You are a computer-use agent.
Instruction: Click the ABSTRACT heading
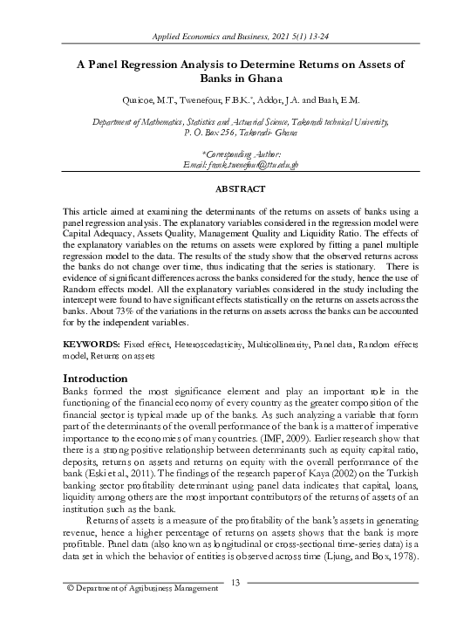click(225, 188)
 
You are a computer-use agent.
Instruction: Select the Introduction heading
click(101, 378)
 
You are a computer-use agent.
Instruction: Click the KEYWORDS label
click(92, 346)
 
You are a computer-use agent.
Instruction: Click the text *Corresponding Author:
click(225, 154)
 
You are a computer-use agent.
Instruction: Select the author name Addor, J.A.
click(255, 100)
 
